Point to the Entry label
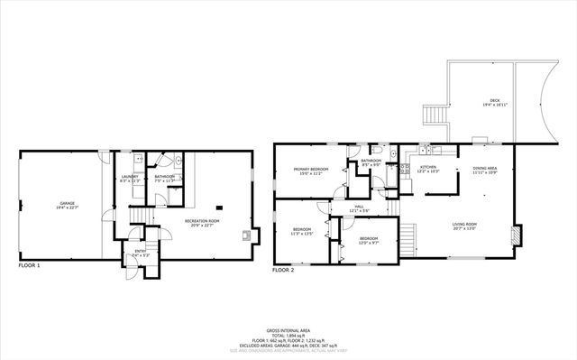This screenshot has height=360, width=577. tap(141, 253)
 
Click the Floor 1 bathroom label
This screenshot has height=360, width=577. tap(164, 179)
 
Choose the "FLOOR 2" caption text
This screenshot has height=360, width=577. tap(283, 270)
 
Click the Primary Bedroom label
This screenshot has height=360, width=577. tap(310, 171)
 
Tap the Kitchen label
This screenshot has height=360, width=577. tap(428, 169)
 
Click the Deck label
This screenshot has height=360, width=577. tap(494, 103)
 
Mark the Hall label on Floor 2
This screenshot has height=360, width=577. tap(359, 209)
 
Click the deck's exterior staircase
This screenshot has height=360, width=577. tap(435, 116)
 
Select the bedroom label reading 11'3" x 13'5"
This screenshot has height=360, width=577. tap(302, 231)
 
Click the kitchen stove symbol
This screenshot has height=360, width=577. tap(407, 168)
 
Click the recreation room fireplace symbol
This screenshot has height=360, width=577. tap(245, 236)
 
